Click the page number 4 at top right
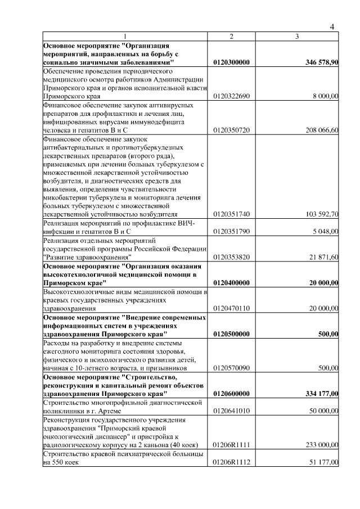(332, 26)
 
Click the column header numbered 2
(231, 36)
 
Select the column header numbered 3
(296, 36)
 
